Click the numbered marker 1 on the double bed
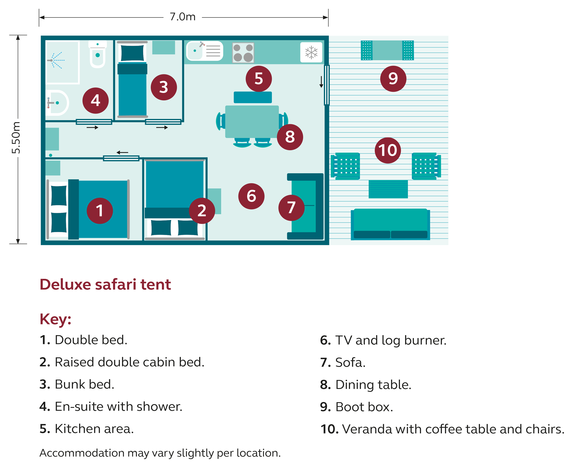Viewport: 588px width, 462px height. click(x=100, y=211)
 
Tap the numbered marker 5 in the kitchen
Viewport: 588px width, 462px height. click(x=259, y=79)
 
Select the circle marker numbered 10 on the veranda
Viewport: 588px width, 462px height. click(x=388, y=150)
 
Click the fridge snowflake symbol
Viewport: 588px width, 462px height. click(x=311, y=52)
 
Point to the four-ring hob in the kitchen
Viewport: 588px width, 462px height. click(x=243, y=52)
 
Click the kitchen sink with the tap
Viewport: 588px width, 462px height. click(x=204, y=51)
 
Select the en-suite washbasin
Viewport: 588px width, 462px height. click(x=57, y=103)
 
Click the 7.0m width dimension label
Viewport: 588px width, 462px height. click(x=182, y=17)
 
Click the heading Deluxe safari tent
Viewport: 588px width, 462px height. click(x=105, y=284)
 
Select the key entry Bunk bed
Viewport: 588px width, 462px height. click(x=77, y=384)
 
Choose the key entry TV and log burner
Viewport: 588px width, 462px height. click(x=383, y=340)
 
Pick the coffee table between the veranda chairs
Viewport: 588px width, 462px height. click(x=388, y=189)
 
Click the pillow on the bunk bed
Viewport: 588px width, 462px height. click(x=132, y=53)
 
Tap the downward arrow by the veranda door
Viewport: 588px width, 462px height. click(x=321, y=82)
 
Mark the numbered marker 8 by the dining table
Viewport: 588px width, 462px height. click(x=290, y=137)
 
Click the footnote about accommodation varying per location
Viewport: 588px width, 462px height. click(x=160, y=453)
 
